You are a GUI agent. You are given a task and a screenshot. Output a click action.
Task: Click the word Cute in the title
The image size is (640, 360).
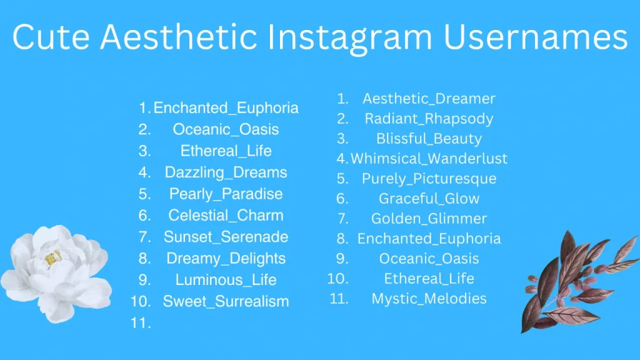click(x=51, y=37)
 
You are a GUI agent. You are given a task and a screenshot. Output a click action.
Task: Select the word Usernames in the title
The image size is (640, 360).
click(x=536, y=37)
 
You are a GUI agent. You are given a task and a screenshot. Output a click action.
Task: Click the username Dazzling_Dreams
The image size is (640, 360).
click(x=226, y=172)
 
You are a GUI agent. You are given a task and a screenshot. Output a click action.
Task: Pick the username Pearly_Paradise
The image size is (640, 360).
click(x=226, y=194)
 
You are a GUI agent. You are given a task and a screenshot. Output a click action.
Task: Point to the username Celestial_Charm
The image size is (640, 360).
click(x=226, y=215)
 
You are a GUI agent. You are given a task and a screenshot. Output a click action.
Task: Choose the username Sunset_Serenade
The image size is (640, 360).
click(x=226, y=237)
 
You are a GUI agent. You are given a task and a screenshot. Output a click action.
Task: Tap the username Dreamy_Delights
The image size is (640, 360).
click(x=226, y=259)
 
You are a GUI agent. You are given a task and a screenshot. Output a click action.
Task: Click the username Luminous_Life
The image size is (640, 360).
click(x=226, y=280)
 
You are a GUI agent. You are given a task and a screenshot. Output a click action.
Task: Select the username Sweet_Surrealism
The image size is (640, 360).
click(x=226, y=302)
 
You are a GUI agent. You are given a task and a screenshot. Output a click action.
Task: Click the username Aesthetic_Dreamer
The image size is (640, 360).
click(x=429, y=99)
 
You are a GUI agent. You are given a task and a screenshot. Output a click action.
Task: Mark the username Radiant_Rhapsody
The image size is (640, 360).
click(x=429, y=119)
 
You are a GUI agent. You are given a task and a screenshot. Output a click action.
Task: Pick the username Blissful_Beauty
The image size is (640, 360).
click(x=429, y=139)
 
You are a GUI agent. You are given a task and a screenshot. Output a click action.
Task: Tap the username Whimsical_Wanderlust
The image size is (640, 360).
click(x=429, y=158)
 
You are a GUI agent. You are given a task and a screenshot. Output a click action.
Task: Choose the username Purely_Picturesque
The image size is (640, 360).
click(x=429, y=179)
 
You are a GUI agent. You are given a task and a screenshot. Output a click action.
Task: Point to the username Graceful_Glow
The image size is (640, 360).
click(x=429, y=199)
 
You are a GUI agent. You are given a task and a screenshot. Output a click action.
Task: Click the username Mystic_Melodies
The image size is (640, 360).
click(x=429, y=299)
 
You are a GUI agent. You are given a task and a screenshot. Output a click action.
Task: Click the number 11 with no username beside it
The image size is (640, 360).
click(x=141, y=323)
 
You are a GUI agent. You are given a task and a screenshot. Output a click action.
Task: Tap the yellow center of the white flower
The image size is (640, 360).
click(x=52, y=257)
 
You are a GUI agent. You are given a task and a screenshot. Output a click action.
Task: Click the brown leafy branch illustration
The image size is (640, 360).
click(x=579, y=282)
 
